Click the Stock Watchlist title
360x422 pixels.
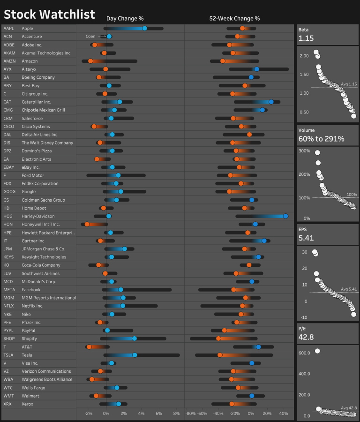click(x=49, y=15)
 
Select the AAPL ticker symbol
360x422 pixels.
click(x=8, y=29)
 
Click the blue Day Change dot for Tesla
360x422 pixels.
click(x=135, y=355)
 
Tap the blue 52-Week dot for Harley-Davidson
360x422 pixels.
click(x=285, y=216)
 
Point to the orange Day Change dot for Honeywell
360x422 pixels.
click(x=87, y=225)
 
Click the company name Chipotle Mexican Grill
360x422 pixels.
click(x=44, y=110)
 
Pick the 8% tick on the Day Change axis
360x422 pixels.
click(x=176, y=414)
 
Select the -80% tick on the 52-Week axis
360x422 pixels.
click(x=190, y=414)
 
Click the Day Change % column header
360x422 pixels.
click(x=125, y=18)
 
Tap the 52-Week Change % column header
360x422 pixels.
click(x=234, y=18)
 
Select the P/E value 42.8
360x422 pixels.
click(x=306, y=336)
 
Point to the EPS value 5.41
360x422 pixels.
click(x=305, y=238)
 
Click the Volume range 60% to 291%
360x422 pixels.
click(x=321, y=139)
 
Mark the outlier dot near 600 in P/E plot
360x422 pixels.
click(x=317, y=351)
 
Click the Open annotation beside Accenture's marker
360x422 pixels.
click(x=90, y=37)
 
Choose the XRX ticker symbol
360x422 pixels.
click(x=8, y=404)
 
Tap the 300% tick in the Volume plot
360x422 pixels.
click(x=304, y=151)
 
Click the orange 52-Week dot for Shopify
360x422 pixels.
click(x=218, y=339)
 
